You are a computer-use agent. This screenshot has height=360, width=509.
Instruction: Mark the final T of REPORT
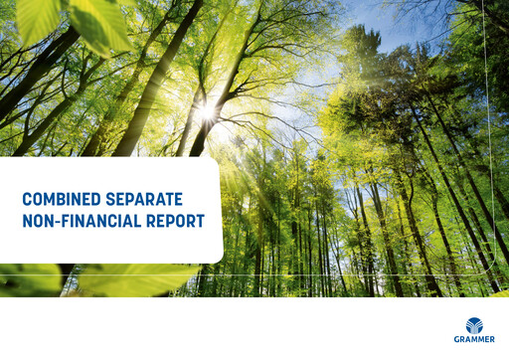pos(200,222)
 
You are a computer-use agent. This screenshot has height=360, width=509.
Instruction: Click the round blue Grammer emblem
pos(475,324)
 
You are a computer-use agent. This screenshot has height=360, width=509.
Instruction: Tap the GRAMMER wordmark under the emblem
pos(475,339)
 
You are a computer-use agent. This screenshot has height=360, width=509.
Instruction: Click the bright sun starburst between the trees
pos(207,111)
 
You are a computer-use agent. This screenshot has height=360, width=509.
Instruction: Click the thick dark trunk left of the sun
pos(149,90)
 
